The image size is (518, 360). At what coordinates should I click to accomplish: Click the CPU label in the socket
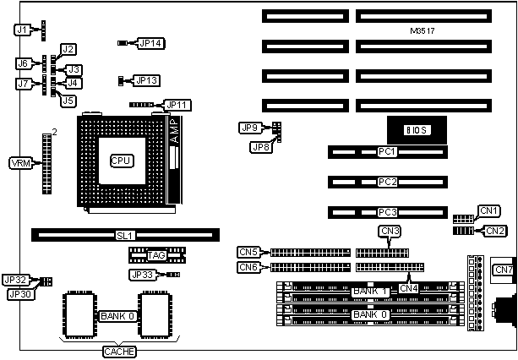pyautogui.click(x=122, y=161)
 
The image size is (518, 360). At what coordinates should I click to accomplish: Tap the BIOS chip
pyautogui.click(x=417, y=129)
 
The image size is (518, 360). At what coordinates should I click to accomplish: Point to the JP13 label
pyautogui.click(x=147, y=80)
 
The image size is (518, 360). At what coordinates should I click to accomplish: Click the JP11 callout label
pyautogui.click(x=179, y=105)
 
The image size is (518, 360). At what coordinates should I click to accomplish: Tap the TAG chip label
pyautogui.click(x=156, y=255)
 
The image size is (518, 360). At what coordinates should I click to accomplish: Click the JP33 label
pyautogui.click(x=142, y=275)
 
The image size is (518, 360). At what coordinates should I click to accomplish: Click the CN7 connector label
pyautogui.click(x=503, y=270)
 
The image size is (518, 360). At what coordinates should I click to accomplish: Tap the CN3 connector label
pyautogui.click(x=390, y=231)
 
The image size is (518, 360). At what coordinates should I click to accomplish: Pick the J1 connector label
pyautogui.click(x=23, y=30)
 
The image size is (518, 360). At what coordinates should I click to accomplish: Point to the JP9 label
pyautogui.click(x=249, y=128)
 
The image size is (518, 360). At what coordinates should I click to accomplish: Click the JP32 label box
pyautogui.click(x=17, y=279)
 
